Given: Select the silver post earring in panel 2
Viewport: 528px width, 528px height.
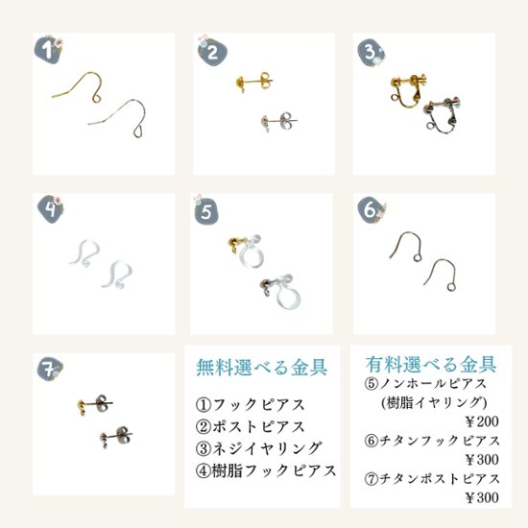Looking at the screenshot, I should tap(275, 122).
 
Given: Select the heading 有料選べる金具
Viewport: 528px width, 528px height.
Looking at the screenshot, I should tap(431, 365).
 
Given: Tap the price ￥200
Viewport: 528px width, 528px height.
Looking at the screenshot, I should tap(474, 420).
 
